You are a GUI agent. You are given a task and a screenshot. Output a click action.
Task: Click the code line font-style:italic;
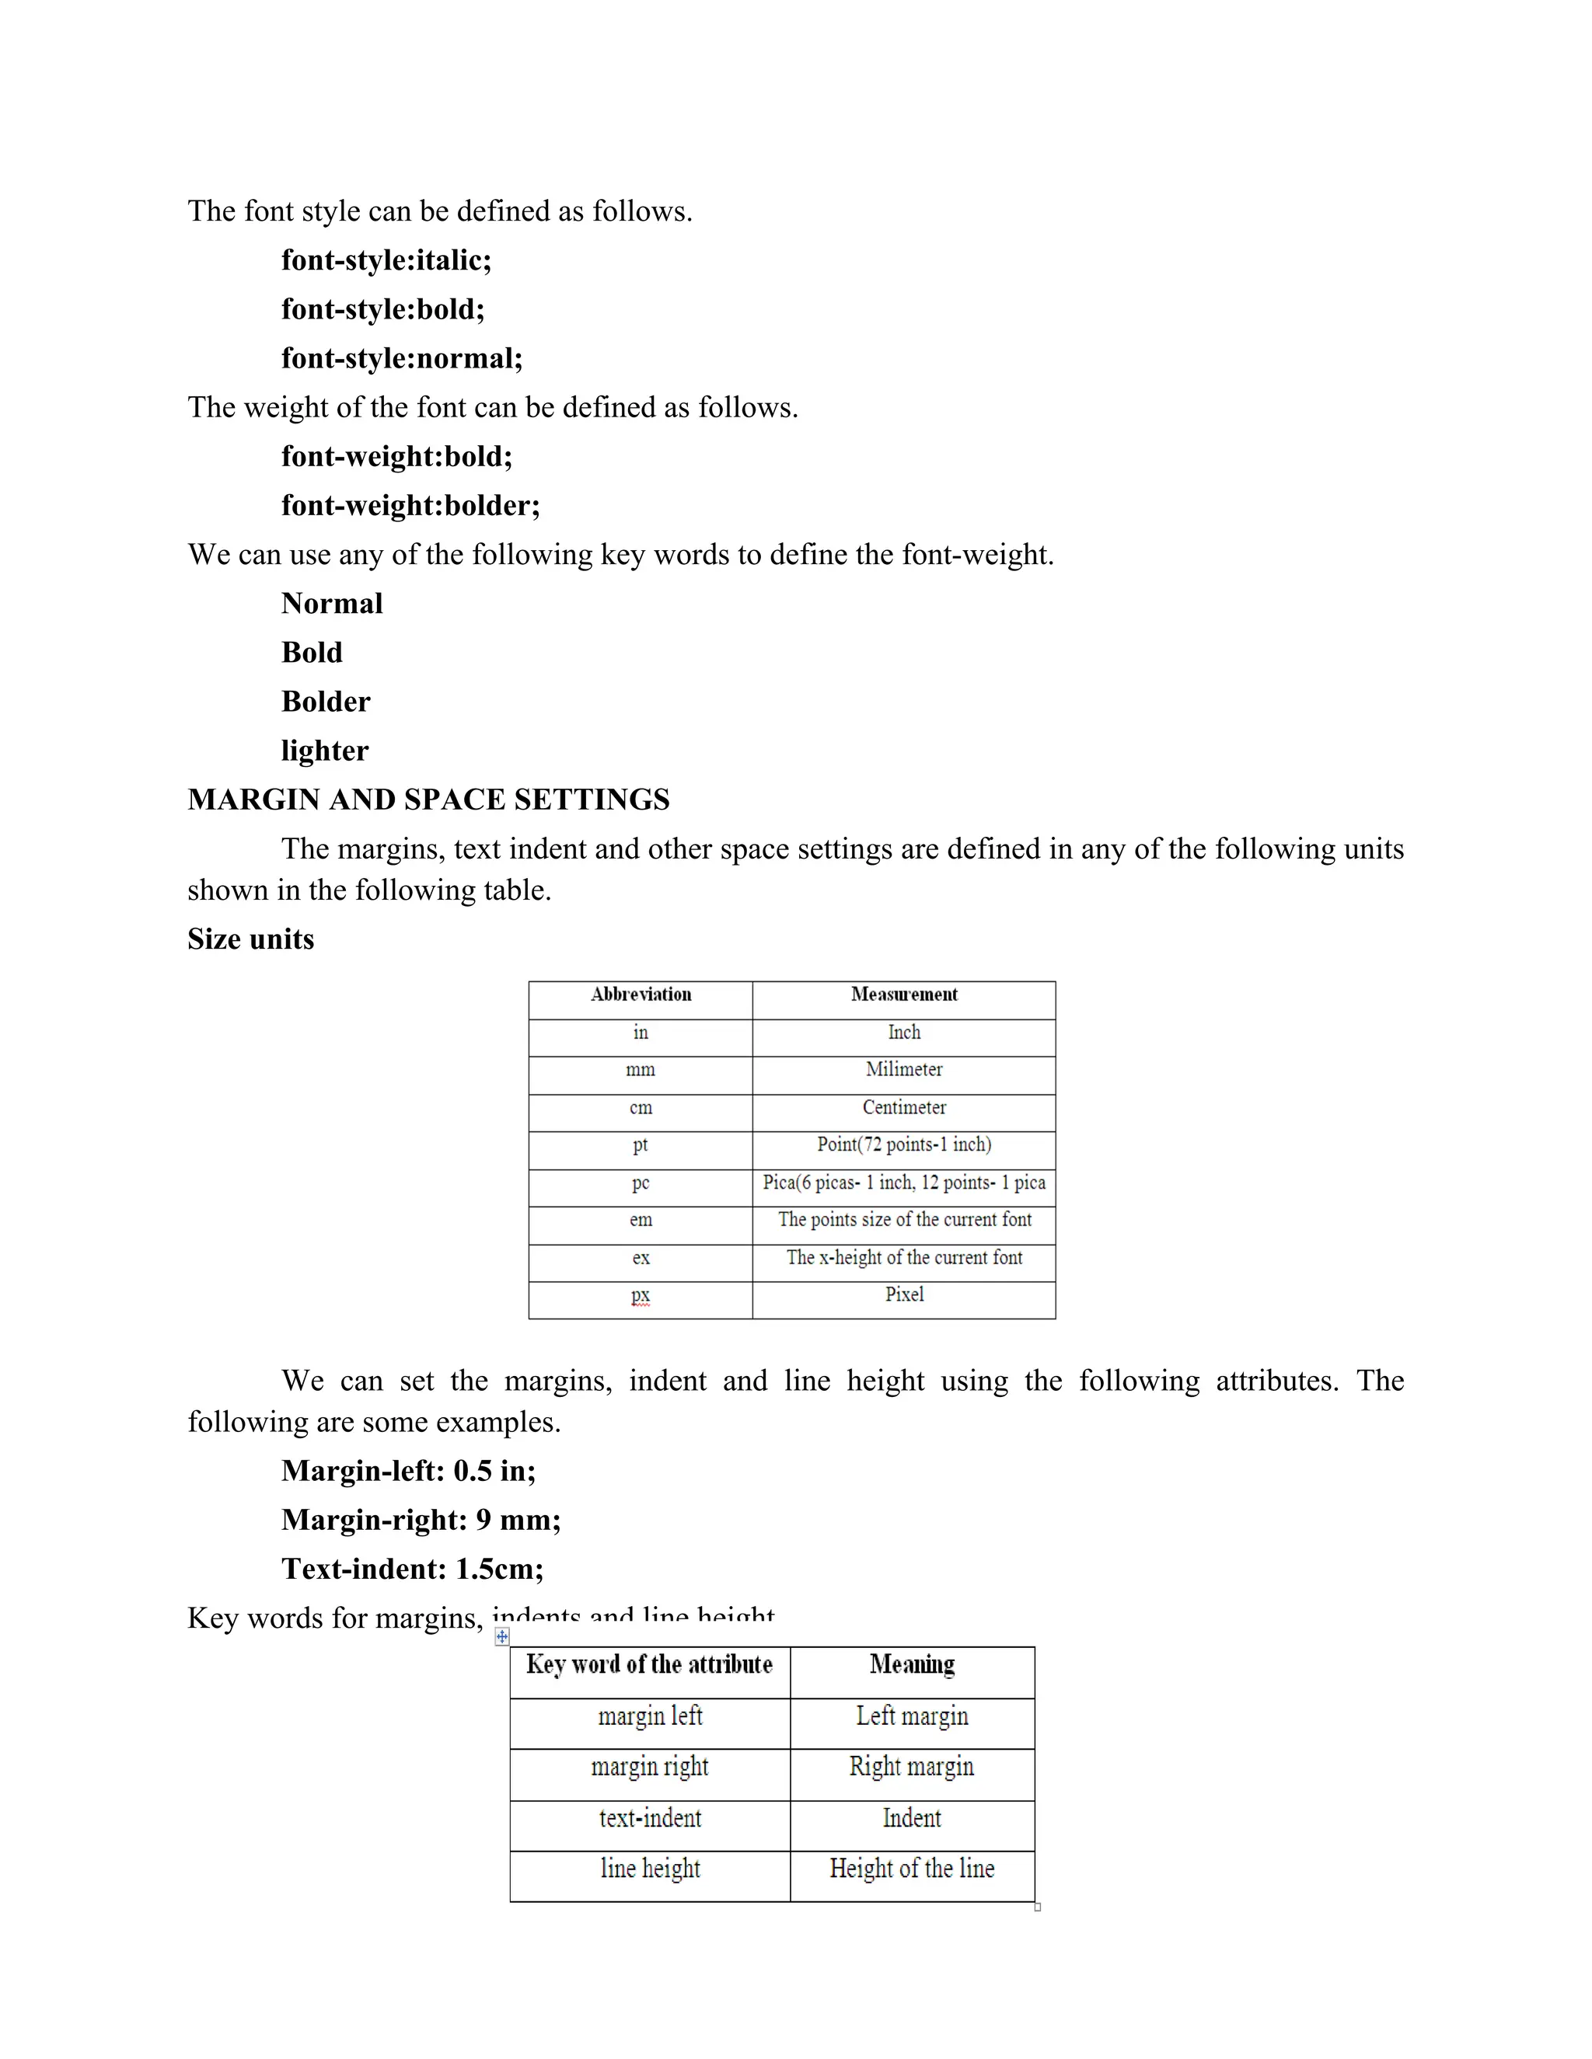(386, 260)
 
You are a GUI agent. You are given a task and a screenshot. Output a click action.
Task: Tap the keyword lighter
(324, 751)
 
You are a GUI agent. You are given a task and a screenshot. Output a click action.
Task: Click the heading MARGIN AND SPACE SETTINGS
(428, 800)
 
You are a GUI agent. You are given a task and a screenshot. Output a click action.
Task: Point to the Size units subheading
(250, 939)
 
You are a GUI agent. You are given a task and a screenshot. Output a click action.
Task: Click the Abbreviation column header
(641, 995)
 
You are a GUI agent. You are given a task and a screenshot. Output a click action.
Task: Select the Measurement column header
(903, 995)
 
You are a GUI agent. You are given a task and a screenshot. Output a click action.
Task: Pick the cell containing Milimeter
(903, 1070)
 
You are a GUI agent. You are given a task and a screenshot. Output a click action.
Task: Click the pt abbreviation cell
(641, 1144)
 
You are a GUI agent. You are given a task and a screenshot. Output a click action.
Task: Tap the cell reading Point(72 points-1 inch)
(903, 1144)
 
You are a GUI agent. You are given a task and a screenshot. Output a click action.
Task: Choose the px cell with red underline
(641, 1295)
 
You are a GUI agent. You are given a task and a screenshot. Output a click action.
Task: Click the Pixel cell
(903, 1294)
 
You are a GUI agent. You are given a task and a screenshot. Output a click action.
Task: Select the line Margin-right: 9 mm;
(421, 1520)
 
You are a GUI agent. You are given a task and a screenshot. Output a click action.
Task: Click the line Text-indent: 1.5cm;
(412, 1569)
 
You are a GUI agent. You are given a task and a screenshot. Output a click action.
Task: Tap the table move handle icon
(501, 1636)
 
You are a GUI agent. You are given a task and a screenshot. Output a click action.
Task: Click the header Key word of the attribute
(649, 1665)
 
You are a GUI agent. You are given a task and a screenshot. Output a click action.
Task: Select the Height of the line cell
(911, 1869)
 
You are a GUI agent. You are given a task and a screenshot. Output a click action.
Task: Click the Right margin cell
(911, 1767)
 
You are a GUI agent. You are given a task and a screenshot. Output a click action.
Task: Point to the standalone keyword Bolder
(326, 702)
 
